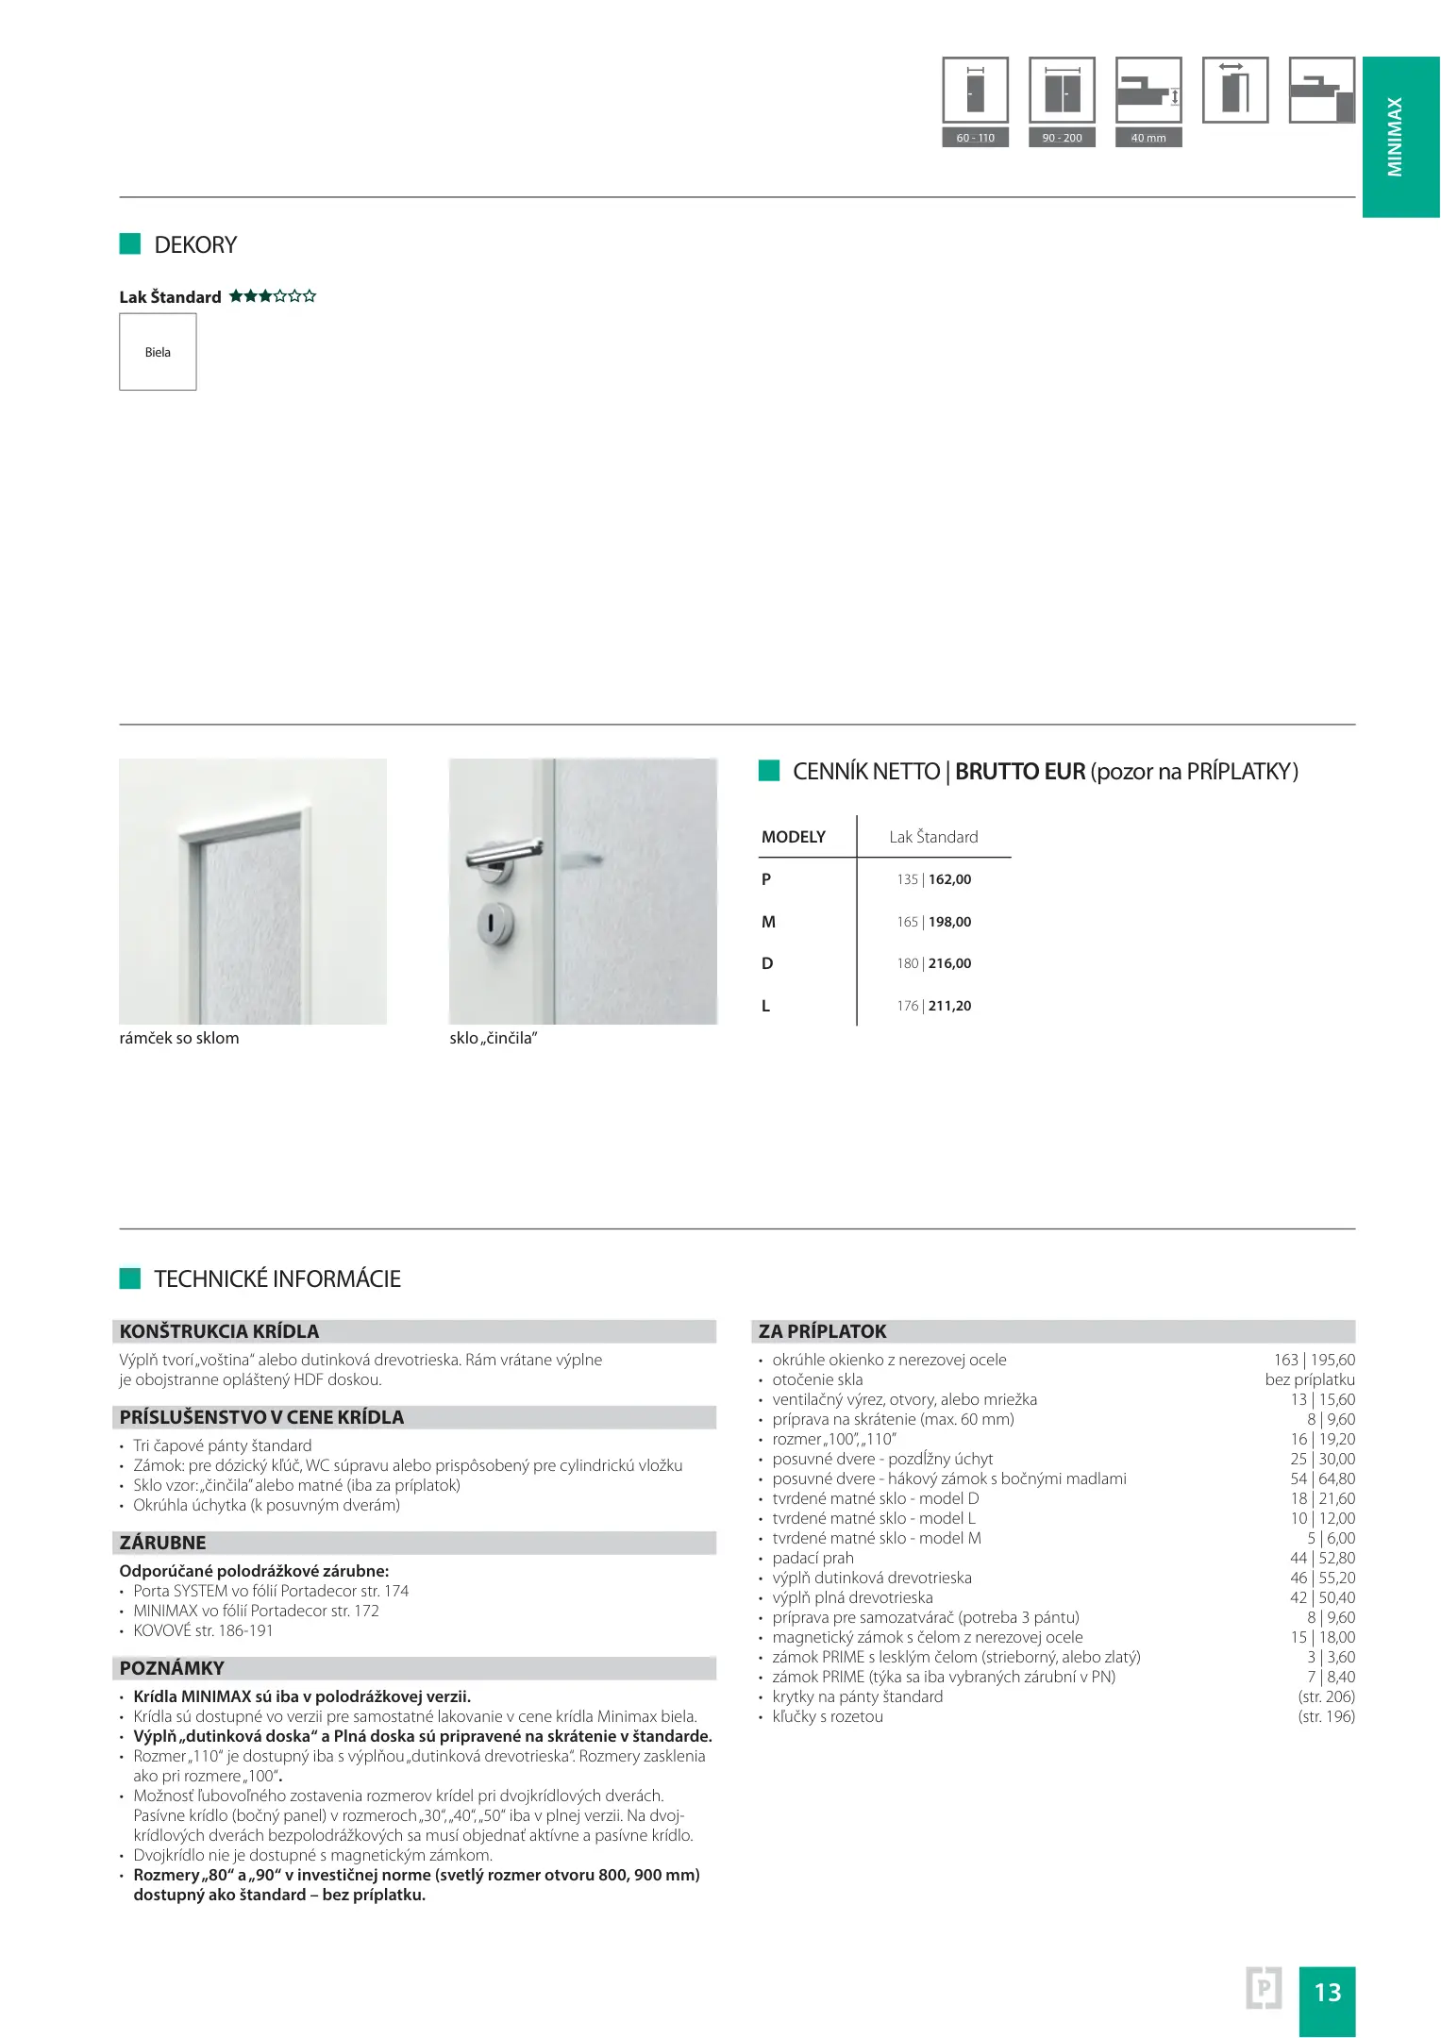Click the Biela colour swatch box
pyautogui.click(x=158, y=352)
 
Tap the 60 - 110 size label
pyautogui.click(x=975, y=138)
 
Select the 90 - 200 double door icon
pyautogui.click(x=1062, y=91)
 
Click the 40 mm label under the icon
pyautogui.click(x=1148, y=138)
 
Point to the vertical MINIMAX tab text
pyautogui.click(x=1395, y=137)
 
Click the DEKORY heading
pyautogui.click(x=195, y=245)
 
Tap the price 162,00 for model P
pyautogui.click(x=949, y=879)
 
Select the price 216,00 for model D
pyautogui.click(x=949, y=963)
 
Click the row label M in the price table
pyautogui.click(x=768, y=922)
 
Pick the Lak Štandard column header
pyautogui.click(x=933, y=837)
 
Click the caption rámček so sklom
pyautogui.click(x=179, y=1038)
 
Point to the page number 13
pyautogui.click(x=1327, y=1992)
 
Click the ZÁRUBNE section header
pyautogui.click(x=162, y=1543)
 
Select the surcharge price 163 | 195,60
pyautogui.click(x=1314, y=1360)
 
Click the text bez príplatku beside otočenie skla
pyautogui.click(x=1310, y=1379)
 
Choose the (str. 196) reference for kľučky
pyautogui.click(x=1326, y=1716)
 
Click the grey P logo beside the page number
pyautogui.click(x=1264, y=1989)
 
